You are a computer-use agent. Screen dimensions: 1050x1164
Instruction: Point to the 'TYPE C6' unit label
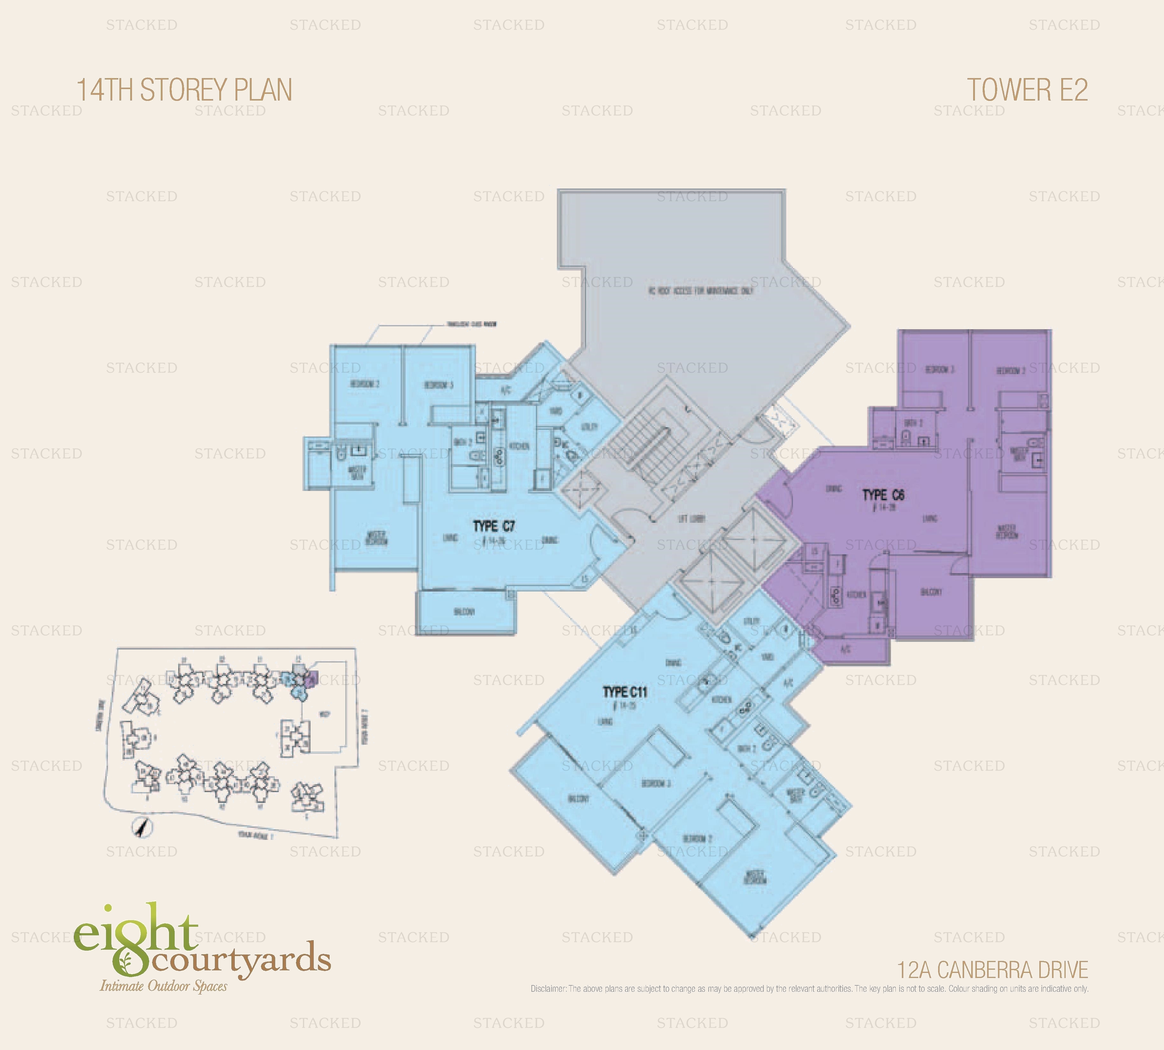[883, 495]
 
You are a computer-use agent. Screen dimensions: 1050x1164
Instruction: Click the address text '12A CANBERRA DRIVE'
[992, 970]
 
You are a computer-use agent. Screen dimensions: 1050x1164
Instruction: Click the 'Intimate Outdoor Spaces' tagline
[164, 986]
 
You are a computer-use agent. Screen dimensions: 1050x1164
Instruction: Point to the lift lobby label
[691, 519]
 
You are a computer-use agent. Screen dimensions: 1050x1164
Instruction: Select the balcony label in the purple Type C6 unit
[931, 592]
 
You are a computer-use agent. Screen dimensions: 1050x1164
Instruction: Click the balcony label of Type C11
[578, 798]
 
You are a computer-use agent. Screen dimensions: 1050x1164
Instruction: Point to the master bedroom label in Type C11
[755, 877]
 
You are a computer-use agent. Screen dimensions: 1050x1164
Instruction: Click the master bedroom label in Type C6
[1006, 531]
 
